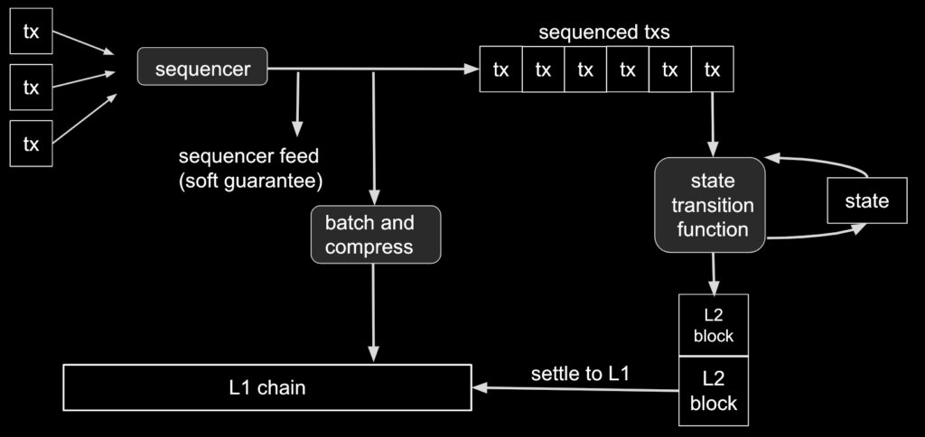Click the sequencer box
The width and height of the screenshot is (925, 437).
(x=202, y=67)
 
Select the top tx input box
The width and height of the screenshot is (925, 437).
(x=32, y=32)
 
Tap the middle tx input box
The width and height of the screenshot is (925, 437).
(x=32, y=88)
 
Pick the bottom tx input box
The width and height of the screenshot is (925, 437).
(x=32, y=144)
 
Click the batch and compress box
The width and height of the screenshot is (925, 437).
(x=376, y=234)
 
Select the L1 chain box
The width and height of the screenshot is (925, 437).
(x=267, y=387)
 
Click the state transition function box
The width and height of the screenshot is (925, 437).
(x=710, y=205)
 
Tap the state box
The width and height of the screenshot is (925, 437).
(x=867, y=200)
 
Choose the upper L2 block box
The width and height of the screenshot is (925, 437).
(x=714, y=325)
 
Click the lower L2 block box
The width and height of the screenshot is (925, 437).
(x=714, y=391)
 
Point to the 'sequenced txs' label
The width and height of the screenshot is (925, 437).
(x=604, y=32)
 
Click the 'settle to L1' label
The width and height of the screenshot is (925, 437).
(x=581, y=373)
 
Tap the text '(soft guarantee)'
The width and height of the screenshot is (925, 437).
(x=251, y=181)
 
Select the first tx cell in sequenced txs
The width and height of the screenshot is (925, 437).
(x=500, y=69)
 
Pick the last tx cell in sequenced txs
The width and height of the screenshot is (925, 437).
(x=713, y=69)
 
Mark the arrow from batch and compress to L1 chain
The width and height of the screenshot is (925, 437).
(x=373, y=312)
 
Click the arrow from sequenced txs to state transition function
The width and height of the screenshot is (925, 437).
(x=713, y=125)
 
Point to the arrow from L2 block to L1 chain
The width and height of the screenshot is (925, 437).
(x=575, y=388)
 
